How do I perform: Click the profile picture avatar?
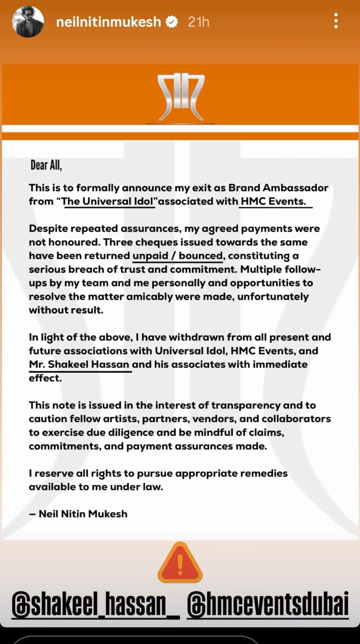tap(28, 22)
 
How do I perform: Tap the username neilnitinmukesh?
tap(108, 22)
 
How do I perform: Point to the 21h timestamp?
tap(199, 22)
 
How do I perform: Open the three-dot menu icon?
tap(336, 21)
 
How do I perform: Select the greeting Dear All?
tap(46, 165)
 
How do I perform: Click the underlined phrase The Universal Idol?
tap(108, 201)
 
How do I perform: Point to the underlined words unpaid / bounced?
tap(178, 256)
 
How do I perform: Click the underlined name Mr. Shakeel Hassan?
tap(79, 365)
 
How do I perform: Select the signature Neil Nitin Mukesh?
tap(83, 514)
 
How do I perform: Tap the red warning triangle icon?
tap(180, 563)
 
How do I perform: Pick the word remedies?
tap(264, 473)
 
